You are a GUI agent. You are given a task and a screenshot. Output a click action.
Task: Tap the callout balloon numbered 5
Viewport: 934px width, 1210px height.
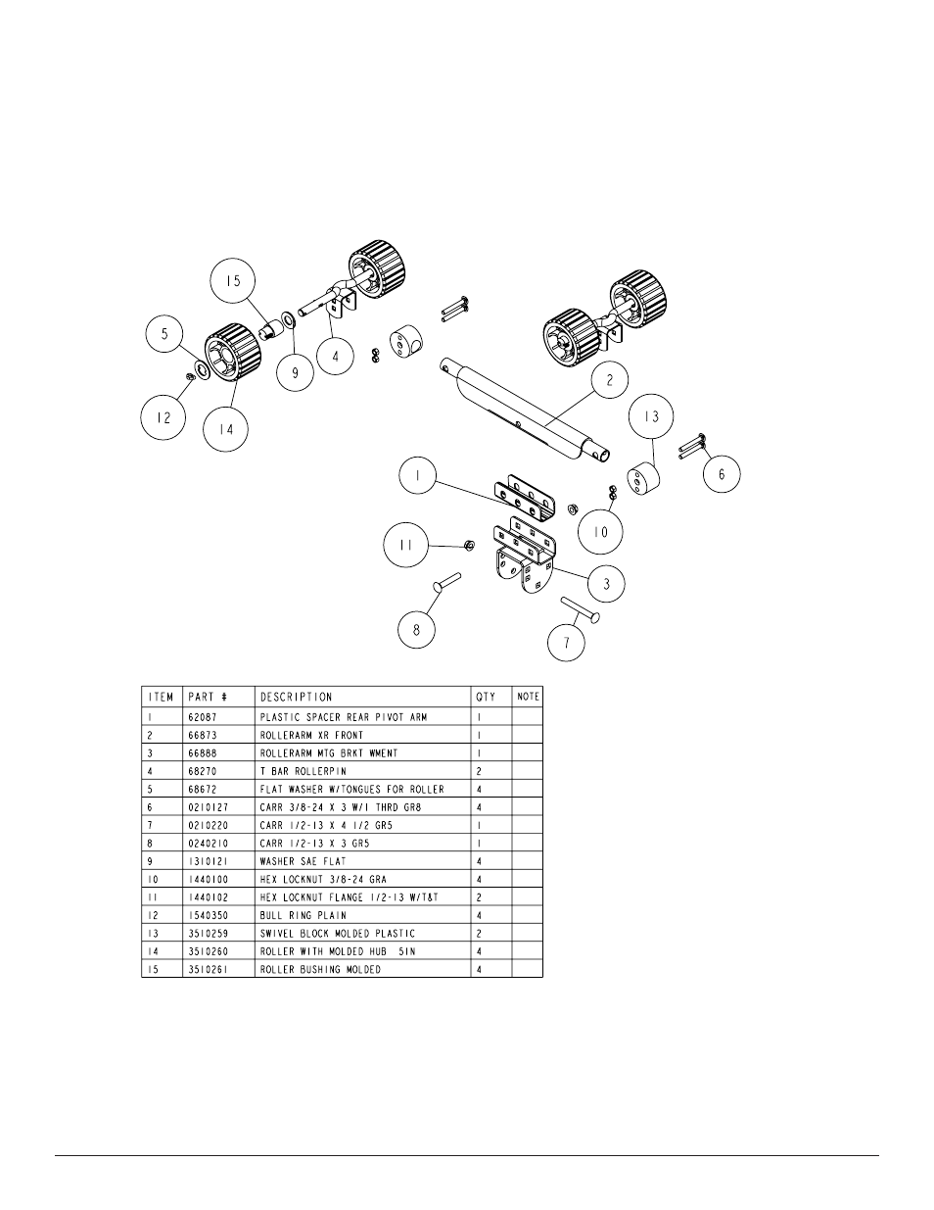(165, 334)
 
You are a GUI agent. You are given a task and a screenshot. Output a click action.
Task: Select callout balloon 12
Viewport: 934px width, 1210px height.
(163, 417)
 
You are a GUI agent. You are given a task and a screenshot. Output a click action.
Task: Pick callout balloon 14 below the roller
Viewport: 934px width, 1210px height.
(226, 427)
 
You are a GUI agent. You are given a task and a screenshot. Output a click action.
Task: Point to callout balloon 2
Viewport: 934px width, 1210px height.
(610, 381)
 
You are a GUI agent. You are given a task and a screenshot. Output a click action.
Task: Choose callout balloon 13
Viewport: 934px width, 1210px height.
(652, 416)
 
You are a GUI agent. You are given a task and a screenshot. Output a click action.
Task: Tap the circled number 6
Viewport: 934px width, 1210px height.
(722, 473)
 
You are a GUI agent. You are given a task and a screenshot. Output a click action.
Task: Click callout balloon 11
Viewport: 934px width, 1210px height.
(405, 544)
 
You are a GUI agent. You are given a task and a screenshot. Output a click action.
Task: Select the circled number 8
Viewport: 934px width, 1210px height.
(416, 629)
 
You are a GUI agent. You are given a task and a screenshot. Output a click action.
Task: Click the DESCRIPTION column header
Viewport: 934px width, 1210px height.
(296, 697)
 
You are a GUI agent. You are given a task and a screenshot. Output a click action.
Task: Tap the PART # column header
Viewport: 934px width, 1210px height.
(207, 697)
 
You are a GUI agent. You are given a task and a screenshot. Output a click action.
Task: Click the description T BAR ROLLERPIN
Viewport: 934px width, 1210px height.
(304, 771)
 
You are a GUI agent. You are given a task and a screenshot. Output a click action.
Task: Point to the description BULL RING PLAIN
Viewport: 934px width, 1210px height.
(303, 915)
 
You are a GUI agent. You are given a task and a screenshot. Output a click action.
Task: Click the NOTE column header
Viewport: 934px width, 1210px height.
(528, 697)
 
